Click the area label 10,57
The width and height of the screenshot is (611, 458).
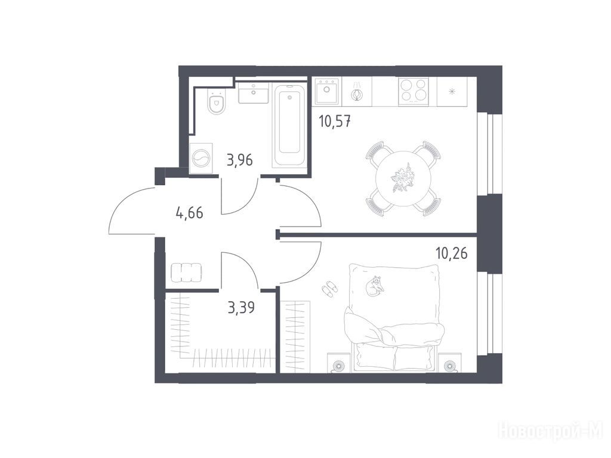tap(335, 122)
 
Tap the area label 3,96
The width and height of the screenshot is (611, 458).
tap(240, 160)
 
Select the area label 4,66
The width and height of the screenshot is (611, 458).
tap(190, 213)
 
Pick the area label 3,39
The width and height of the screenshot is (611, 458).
tap(241, 307)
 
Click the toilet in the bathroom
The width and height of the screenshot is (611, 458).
tap(217, 102)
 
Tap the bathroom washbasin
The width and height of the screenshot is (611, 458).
tap(253, 92)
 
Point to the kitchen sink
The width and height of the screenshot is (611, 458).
tap(327, 91)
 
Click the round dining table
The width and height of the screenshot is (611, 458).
tap(403, 179)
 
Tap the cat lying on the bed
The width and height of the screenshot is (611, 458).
tap(376, 286)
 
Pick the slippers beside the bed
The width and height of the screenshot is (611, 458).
tap(329, 289)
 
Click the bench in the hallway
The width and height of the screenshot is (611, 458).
tap(186, 273)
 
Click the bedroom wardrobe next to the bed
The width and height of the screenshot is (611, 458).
tap(295, 336)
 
